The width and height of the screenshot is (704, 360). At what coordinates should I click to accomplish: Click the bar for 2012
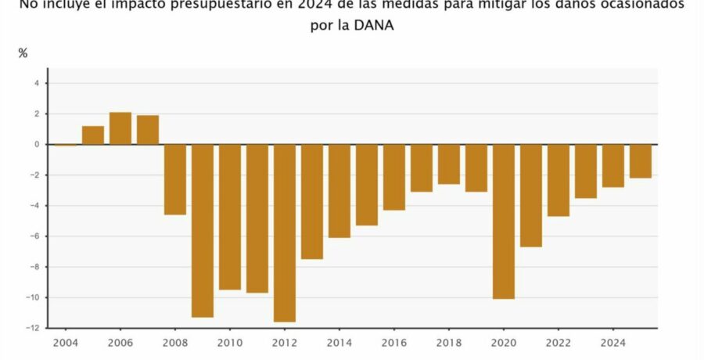285,233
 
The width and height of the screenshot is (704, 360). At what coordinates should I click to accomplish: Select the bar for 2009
203,231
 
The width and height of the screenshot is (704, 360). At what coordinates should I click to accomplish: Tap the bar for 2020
504,221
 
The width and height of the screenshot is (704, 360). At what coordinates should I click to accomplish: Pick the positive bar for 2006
120,128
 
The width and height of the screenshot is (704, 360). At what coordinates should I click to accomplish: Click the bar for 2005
93,135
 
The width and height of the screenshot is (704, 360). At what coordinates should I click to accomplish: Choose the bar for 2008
175,179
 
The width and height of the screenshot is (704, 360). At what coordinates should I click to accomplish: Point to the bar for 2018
449,164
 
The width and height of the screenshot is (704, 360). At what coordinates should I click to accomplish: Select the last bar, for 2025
641,161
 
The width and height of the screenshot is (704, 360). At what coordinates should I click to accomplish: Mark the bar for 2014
339,191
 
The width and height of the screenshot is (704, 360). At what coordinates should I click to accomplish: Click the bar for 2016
394,177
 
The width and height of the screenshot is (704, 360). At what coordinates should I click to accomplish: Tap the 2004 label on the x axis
66,342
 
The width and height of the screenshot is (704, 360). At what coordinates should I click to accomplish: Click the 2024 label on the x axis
613,342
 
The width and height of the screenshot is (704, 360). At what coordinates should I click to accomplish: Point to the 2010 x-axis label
230,342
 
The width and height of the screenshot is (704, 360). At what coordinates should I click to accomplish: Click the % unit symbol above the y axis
23,53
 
